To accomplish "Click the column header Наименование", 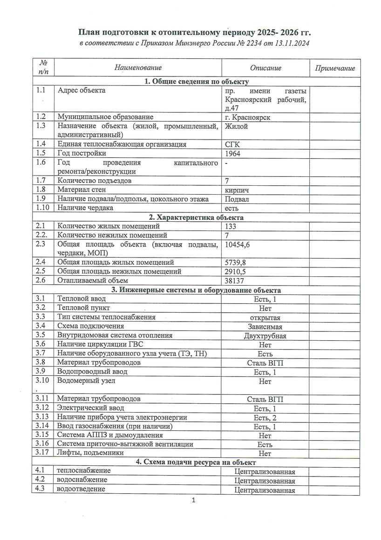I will tap(138, 68).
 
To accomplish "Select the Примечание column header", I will tap(335, 68).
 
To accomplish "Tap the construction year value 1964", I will tap(232, 153).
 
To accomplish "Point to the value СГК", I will tap(232, 144).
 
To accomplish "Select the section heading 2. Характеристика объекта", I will tap(196, 217).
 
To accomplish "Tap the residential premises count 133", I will tap(231, 226).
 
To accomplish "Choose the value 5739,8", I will tap(236, 262).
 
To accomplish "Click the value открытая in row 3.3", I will tap(265, 317).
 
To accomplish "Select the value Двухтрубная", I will tap(265, 335).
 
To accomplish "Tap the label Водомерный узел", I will tap(86, 380).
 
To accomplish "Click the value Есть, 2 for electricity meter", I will tap(265, 417).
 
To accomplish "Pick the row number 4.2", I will tap(41, 480).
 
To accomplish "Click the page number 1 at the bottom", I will tap(193, 502).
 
